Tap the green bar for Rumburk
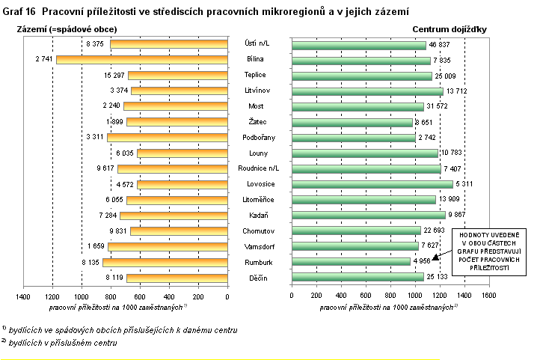point(351,262)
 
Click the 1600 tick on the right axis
point(488,296)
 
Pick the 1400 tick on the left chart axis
point(24,296)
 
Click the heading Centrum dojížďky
point(450,29)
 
